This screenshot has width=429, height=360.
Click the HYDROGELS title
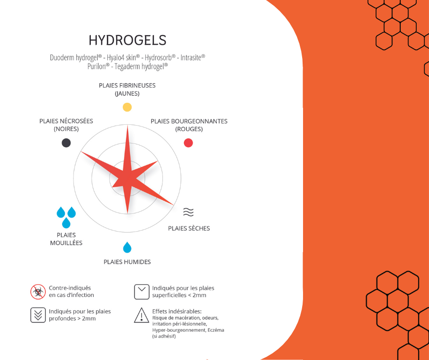coord(127,40)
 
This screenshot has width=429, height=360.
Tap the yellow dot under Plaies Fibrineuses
coord(127,107)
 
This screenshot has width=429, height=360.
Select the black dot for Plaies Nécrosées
coord(66,143)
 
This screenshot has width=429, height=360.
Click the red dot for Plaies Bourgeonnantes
coord(188,143)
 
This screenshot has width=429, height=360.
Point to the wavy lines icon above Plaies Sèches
coord(188,212)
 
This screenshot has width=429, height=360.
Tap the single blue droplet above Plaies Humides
coord(127,248)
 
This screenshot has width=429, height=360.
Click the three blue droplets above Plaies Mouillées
coord(66,217)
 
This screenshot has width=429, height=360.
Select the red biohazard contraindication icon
coord(38,292)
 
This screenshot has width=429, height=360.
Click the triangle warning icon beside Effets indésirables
coord(141,315)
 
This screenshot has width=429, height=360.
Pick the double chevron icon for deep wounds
coord(38,315)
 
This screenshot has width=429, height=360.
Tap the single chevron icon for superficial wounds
coord(142,292)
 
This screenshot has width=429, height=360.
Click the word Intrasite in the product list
coord(193,58)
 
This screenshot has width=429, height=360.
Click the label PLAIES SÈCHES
coord(189,228)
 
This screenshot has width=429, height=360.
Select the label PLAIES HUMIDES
coord(127,262)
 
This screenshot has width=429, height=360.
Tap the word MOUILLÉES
coord(66,243)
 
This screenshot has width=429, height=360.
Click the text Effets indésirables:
coord(177,311)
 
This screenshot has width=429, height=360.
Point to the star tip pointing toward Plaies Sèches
coord(173,205)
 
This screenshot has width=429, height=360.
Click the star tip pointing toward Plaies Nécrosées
coord(82,152)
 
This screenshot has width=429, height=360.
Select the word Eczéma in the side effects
coord(216,330)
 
